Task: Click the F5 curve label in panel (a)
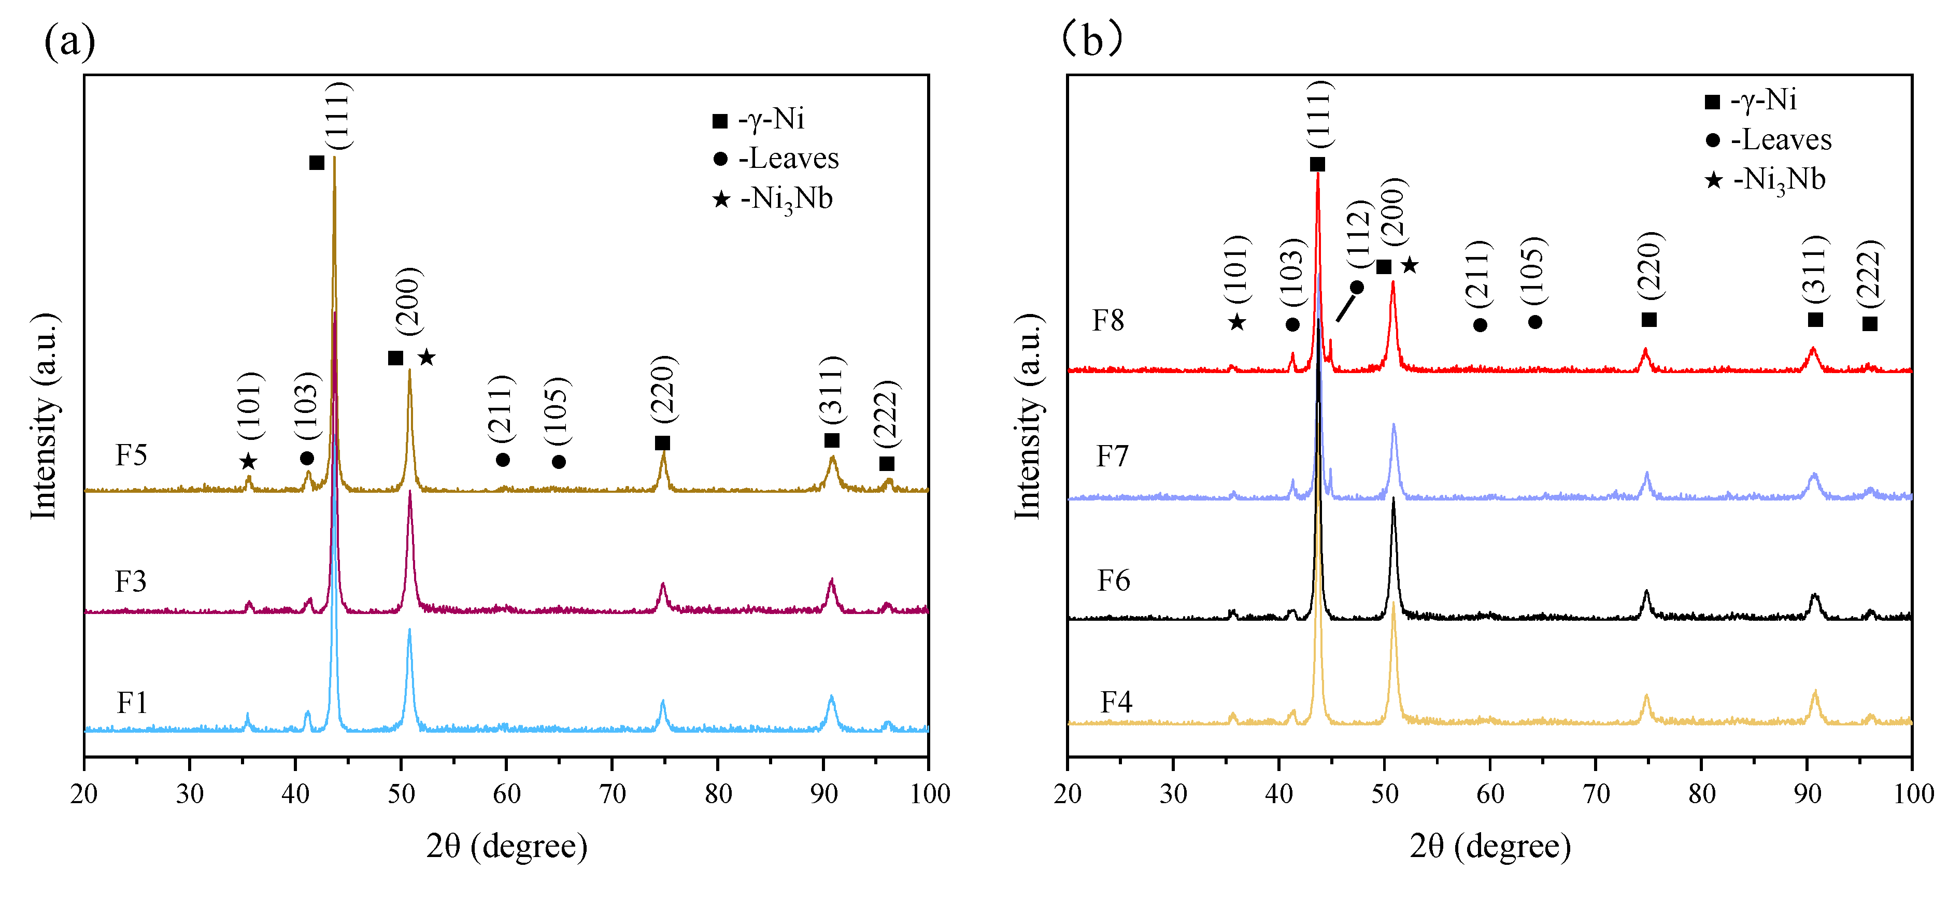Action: coord(131,455)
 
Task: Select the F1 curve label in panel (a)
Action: coord(132,703)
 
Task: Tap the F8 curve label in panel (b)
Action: coord(1108,321)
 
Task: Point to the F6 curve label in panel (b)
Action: coord(1113,581)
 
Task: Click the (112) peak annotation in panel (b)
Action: coord(1359,234)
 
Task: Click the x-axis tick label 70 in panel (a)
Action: coord(612,794)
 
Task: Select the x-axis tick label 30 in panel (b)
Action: coord(1173,794)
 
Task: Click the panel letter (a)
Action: coord(69,41)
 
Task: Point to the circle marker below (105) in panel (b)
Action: coord(1534,323)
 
